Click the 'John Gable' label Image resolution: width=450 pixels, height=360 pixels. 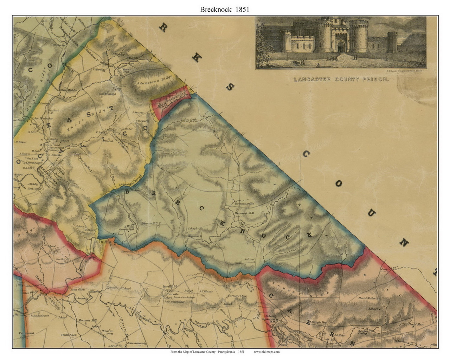78,289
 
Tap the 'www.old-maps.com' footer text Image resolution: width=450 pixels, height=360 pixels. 266,352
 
